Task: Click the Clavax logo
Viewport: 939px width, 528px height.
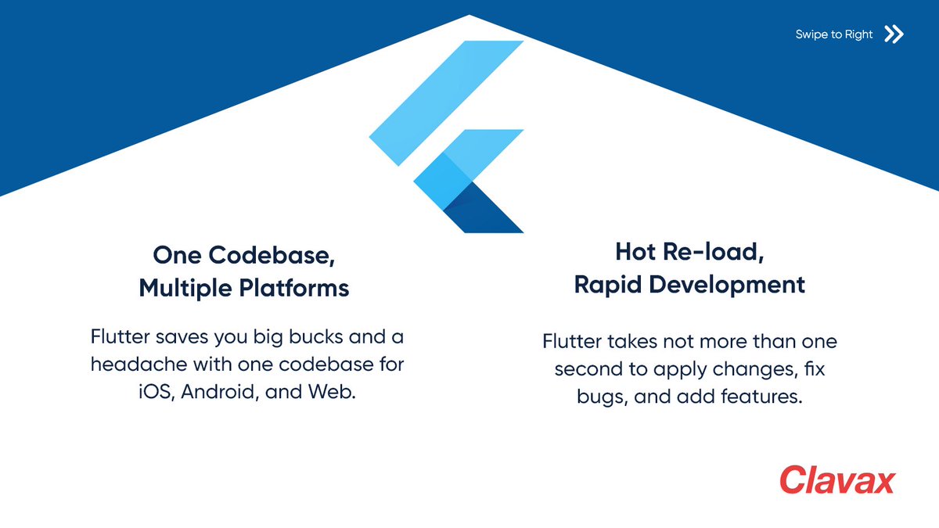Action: pyautogui.click(x=836, y=480)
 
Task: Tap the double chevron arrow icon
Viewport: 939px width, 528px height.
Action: pyautogui.click(x=894, y=34)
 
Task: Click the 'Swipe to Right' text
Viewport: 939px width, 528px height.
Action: pyautogui.click(x=833, y=34)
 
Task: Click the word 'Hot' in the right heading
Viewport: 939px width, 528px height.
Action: pyautogui.click(x=634, y=252)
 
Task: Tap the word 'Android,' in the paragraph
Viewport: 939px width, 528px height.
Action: pyautogui.click(x=220, y=391)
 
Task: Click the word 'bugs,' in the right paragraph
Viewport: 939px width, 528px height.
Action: pyautogui.click(x=603, y=397)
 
